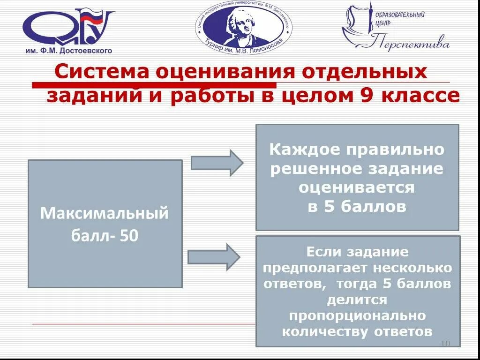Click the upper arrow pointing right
(217, 162)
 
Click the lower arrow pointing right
(214, 257)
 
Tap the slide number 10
(445, 344)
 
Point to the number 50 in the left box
(129, 235)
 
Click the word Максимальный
(105, 213)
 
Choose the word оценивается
(357, 188)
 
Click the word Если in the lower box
(324, 252)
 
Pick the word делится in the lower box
(357, 300)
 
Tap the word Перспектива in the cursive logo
(412, 44)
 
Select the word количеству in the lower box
(326, 331)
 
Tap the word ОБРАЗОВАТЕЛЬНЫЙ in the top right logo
(400, 15)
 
